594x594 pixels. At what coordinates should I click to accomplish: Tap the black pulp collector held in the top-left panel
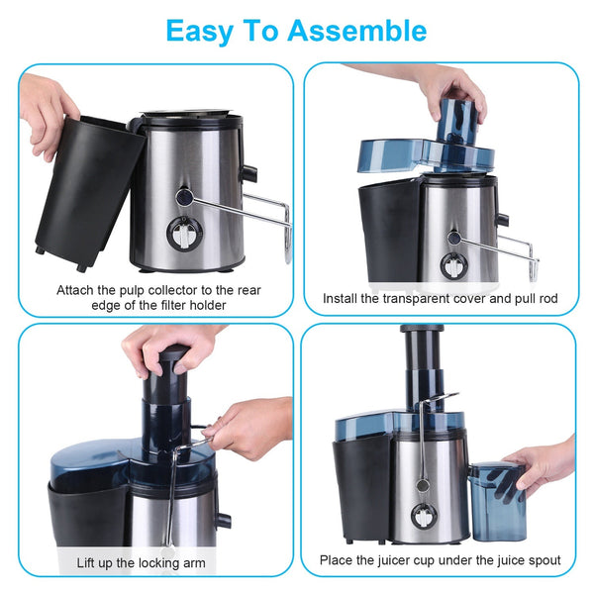click(x=87, y=193)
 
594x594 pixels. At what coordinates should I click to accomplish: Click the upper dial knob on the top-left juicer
click(x=184, y=197)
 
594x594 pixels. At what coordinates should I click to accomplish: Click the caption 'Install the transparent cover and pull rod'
click(x=440, y=298)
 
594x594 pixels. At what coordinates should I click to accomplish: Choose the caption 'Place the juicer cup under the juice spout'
click(x=440, y=560)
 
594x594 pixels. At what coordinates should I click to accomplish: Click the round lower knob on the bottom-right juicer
click(x=421, y=516)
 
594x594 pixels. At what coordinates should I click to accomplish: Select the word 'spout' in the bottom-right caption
click(x=541, y=560)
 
